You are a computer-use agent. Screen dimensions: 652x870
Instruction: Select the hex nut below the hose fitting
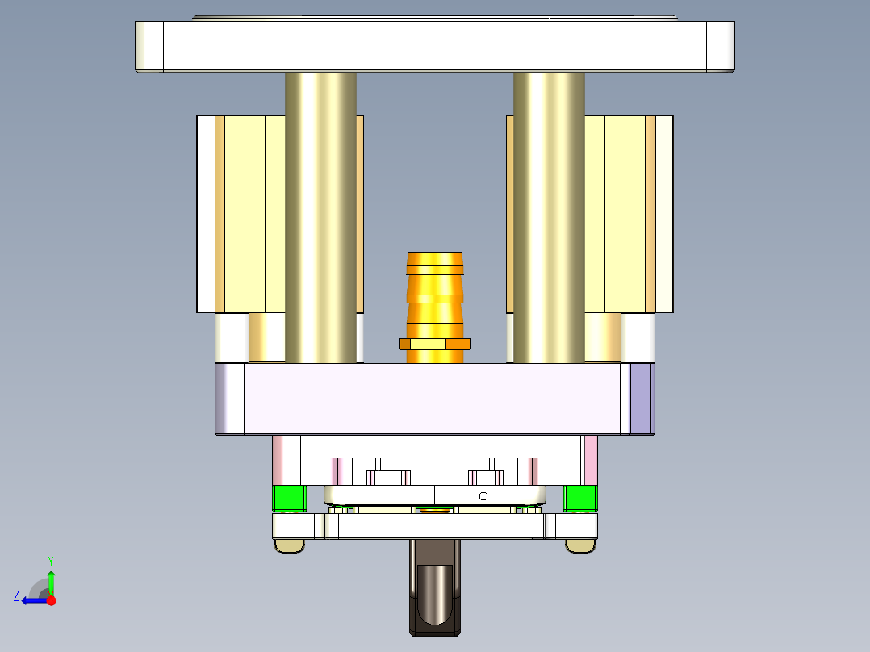coord(435,345)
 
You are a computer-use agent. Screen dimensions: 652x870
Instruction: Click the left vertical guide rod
coord(320,218)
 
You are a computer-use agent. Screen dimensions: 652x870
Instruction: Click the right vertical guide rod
coord(549,218)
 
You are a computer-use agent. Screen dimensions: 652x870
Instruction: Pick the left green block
coord(289,499)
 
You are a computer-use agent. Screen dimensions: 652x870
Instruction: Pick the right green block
coord(580,499)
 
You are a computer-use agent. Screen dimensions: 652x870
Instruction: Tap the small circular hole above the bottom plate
coord(483,495)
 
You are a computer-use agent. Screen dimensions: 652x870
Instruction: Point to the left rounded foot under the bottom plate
coord(290,546)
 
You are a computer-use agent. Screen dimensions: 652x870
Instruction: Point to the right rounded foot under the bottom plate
coord(580,546)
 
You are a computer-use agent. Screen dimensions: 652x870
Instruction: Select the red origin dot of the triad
coord(51,600)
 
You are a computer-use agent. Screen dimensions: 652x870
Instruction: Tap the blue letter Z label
coord(16,596)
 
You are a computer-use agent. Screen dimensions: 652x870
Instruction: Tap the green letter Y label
coord(51,560)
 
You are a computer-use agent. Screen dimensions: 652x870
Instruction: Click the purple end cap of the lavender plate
coord(642,399)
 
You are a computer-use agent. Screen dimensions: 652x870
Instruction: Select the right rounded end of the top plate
coord(721,46)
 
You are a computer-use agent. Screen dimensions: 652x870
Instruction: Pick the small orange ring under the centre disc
coord(435,510)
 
